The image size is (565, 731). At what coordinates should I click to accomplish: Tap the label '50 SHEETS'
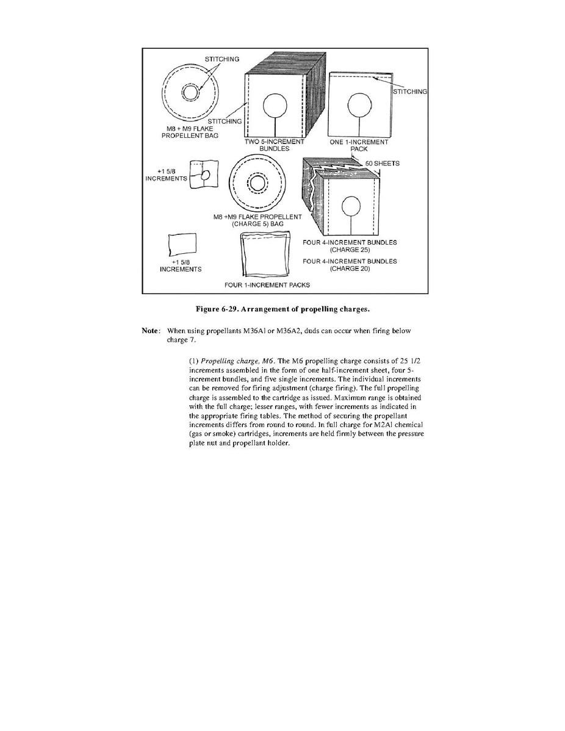[382, 164]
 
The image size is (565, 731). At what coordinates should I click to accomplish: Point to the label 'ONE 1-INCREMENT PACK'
[359, 145]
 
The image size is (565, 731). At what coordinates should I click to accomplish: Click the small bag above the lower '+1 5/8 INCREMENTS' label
[181, 245]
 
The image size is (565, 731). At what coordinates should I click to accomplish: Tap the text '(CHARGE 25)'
[350, 250]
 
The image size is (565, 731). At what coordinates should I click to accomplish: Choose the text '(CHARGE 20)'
[350, 269]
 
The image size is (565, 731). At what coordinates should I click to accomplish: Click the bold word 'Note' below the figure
[150, 331]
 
